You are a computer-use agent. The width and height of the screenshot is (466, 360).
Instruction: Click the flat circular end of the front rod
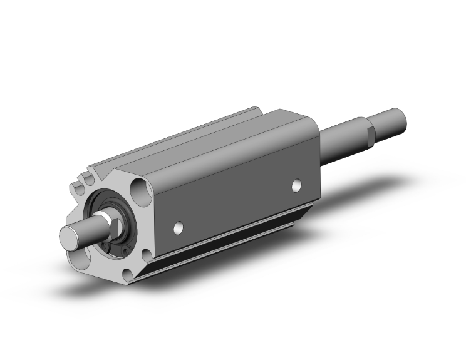point(71,237)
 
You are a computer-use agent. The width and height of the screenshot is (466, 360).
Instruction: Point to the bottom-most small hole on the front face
point(128,273)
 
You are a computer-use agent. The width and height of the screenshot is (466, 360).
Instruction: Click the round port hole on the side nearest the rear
point(297,185)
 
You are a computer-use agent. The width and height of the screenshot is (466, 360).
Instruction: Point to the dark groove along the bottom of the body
point(238,238)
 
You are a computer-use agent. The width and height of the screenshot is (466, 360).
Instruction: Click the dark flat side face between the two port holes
point(238,200)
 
